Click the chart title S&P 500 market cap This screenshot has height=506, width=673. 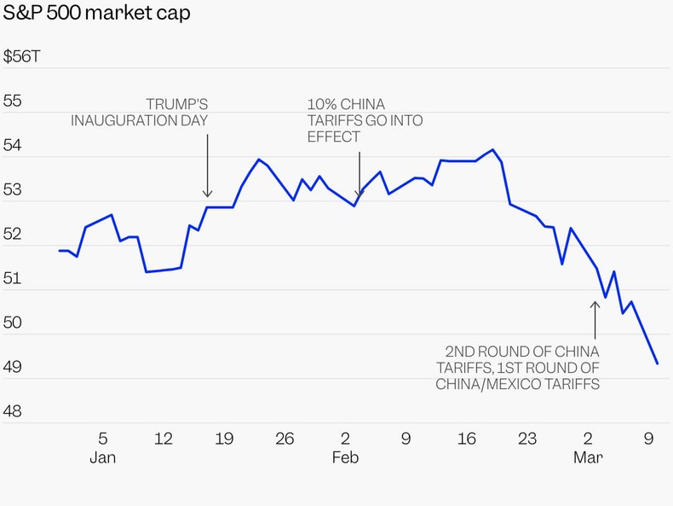coord(97,14)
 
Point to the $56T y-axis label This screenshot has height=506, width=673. coord(20,57)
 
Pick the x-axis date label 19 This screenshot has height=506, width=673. coord(224,439)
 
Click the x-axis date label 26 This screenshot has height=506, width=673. coord(285,439)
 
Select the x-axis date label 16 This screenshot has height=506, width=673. coord(467,439)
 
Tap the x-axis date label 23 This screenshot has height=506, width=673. coord(527,439)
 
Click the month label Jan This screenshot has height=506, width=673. coord(102,458)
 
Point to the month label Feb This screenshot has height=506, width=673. coord(345,458)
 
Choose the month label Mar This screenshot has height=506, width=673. coord(588,458)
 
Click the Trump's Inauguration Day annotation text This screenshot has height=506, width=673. coord(140,112)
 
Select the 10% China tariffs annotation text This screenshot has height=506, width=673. coord(365,120)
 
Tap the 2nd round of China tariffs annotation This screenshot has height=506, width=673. coord(518,368)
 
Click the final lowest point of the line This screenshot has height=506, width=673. coord(657,364)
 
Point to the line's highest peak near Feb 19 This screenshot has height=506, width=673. coord(493,149)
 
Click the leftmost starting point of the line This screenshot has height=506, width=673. coord(59,250)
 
